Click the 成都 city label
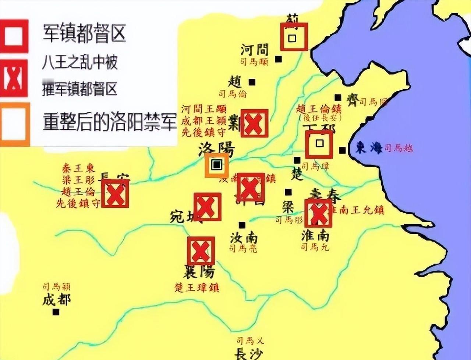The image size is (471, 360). tap(56, 300)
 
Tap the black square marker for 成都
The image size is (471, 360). tap(56, 312)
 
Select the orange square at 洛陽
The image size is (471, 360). tap(217, 165)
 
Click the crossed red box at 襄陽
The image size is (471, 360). tap(201, 251)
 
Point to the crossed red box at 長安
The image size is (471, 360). tap(115, 193)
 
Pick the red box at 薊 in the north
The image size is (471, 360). tap(294, 37)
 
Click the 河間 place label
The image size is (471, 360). tap(255, 49)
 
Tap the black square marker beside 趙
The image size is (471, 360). tap(252, 82)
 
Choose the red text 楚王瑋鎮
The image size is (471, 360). tap(197, 287)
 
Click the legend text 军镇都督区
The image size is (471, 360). tap(84, 33)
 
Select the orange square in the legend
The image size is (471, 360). tap(15, 124)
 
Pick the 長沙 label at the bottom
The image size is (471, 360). tap(249, 354)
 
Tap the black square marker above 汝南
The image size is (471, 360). tap(242, 225)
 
